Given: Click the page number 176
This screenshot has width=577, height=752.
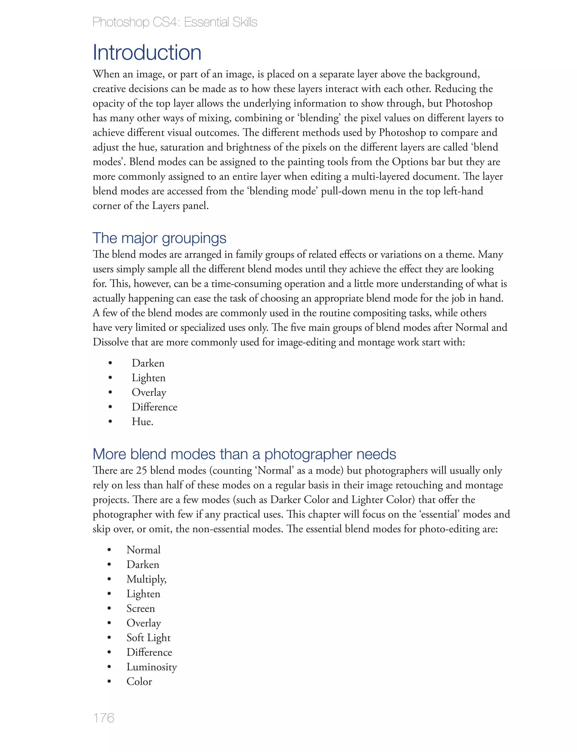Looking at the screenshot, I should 103,718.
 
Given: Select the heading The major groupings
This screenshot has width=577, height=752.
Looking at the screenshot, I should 159,238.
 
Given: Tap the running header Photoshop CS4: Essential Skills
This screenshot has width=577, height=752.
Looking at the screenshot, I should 175,22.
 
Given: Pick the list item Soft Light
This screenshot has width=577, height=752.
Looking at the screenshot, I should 148,637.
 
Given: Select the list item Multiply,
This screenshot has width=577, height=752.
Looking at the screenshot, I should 146,579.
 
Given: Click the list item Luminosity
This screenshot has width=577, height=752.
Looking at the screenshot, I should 152,667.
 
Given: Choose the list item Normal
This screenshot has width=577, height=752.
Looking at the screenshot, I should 143,550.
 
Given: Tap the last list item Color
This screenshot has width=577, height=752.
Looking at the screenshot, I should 139,681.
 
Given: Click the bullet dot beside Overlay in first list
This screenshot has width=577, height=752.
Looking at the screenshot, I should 110,392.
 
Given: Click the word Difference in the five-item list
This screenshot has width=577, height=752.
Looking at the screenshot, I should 155,407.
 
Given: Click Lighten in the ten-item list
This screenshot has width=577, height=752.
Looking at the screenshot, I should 143,594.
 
